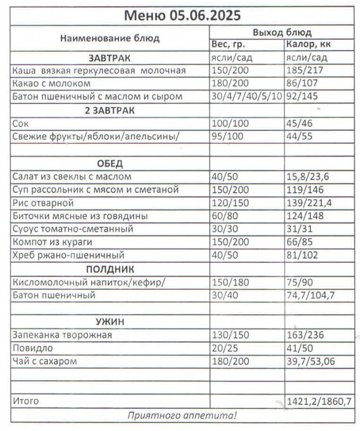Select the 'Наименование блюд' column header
[109, 39]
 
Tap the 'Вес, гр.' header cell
[229, 45]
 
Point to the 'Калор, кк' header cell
[309, 45]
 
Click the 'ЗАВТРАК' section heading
[109, 58]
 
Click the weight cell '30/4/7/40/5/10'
[247, 97]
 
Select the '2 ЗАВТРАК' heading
[109, 110]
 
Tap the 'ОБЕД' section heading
[109, 163]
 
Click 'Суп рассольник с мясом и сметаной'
[95, 190]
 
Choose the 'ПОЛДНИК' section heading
[109, 269]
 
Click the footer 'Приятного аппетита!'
[182, 415]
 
